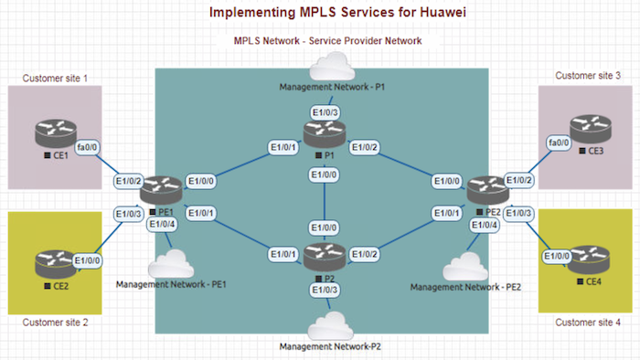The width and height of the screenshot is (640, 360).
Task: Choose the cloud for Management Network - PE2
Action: click(464, 268)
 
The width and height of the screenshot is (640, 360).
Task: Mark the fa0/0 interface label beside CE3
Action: click(558, 143)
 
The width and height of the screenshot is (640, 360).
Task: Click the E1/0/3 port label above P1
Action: click(324, 112)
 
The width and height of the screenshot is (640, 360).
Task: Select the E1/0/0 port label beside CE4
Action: click(557, 257)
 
